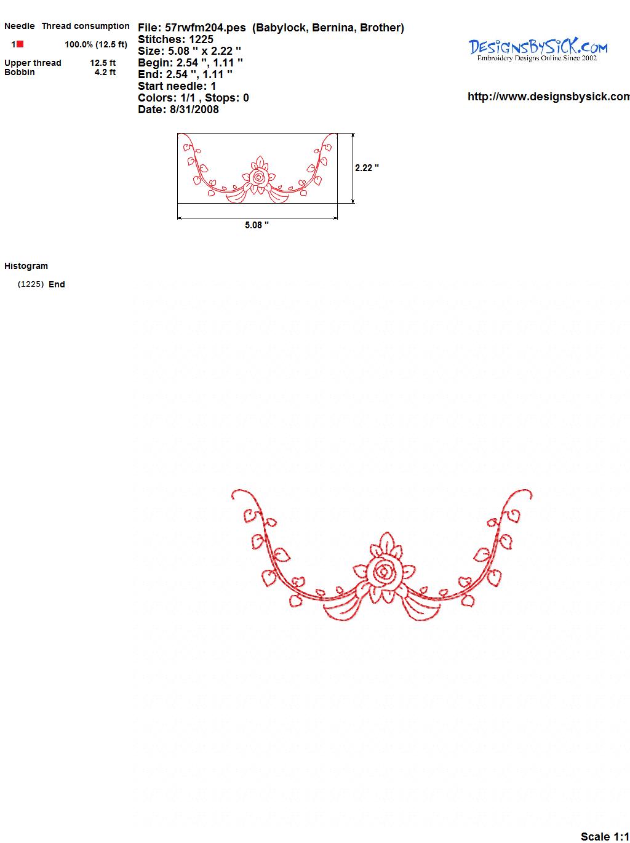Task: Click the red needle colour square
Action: pos(20,44)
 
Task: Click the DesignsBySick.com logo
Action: pos(538,50)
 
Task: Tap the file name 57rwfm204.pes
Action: pos(205,28)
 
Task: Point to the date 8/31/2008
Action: pos(194,110)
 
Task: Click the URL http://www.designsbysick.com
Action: pos(549,97)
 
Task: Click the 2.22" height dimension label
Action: pos(367,168)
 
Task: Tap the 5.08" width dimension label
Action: pos(257,225)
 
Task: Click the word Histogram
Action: pos(26,266)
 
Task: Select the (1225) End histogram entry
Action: pos(41,284)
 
